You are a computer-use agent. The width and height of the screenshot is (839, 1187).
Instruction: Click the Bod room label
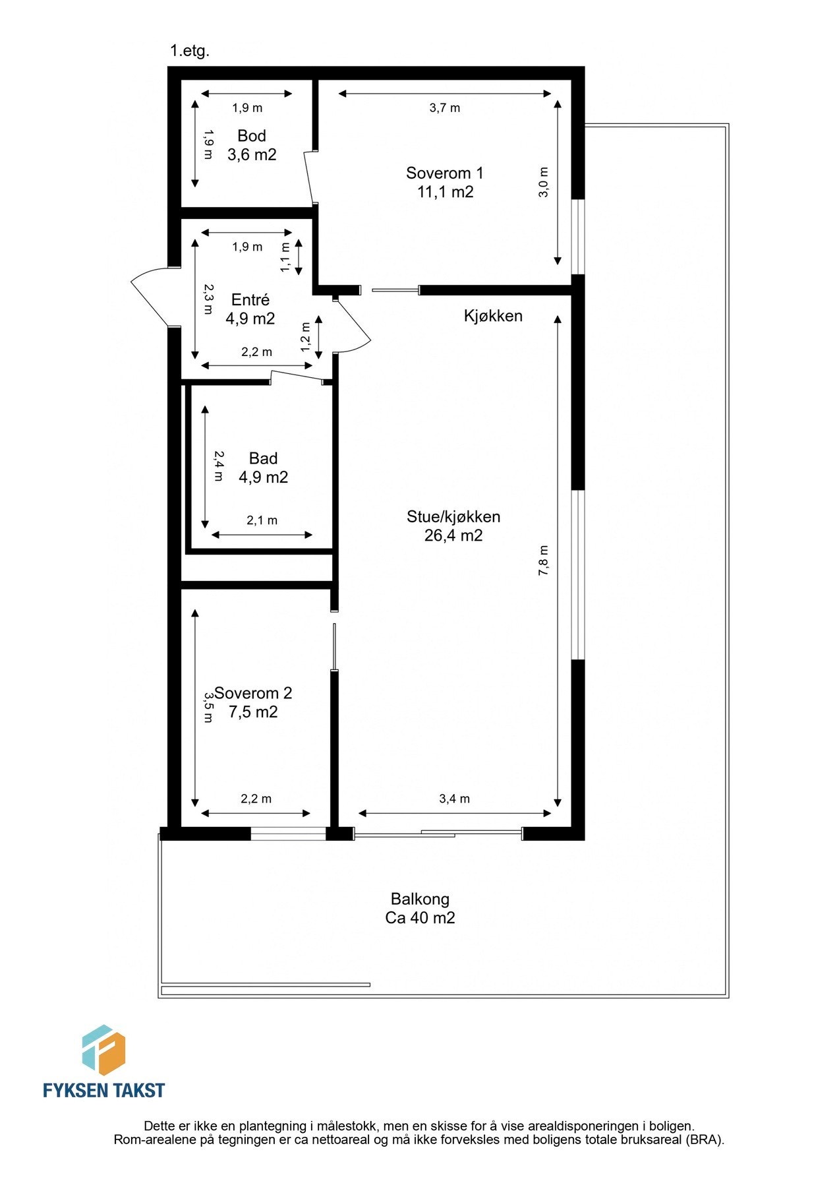(251, 136)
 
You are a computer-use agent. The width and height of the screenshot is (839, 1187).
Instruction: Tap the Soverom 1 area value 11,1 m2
(445, 192)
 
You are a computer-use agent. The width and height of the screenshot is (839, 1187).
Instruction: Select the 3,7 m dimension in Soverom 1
(444, 108)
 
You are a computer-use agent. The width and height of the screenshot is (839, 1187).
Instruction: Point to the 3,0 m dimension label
(543, 183)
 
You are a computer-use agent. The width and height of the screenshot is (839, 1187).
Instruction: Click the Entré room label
(250, 300)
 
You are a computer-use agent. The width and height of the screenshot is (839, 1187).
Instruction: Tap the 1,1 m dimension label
(285, 257)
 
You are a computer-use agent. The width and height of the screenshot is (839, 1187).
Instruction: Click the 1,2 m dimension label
(305, 336)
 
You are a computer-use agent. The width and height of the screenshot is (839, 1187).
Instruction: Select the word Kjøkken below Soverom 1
(493, 316)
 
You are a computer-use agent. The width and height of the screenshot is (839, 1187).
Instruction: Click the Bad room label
(263, 458)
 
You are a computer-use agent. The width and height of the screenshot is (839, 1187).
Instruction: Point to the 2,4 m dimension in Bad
(218, 466)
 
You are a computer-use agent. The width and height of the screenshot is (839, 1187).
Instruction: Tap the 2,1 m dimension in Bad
(262, 520)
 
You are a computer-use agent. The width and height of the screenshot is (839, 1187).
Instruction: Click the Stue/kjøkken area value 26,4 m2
(453, 535)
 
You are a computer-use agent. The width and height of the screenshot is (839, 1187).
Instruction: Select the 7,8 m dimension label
(543, 561)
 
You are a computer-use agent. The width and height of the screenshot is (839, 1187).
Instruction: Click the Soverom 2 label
(253, 693)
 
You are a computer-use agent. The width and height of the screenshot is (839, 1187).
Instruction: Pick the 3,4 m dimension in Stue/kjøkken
(454, 799)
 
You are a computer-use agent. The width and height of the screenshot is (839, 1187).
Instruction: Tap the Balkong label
(420, 899)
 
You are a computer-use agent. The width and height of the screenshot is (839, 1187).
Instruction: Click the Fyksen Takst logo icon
(103, 1050)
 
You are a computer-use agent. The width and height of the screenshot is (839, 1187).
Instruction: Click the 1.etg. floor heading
(190, 51)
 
